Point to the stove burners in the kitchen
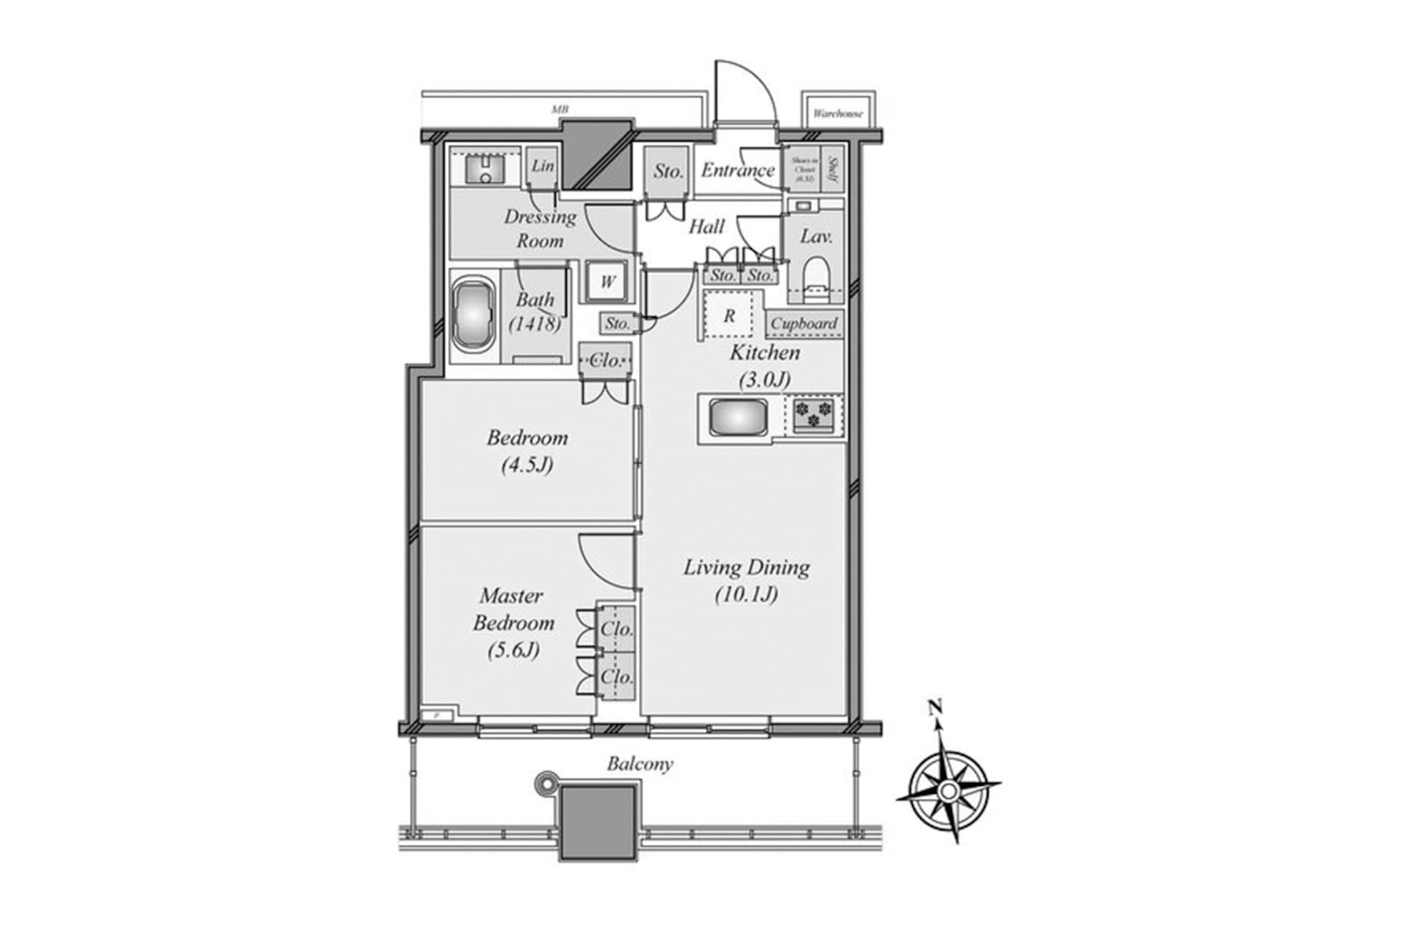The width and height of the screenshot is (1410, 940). click(x=814, y=414)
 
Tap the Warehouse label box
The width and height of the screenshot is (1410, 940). click(x=838, y=114)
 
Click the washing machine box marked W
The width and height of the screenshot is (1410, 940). click(x=607, y=282)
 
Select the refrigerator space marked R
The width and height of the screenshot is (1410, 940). click(x=729, y=316)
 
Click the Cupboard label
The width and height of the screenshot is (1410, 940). click(x=803, y=323)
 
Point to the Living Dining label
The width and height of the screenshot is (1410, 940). click(x=747, y=567)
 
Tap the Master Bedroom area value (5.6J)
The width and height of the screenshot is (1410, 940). click(x=513, y=650)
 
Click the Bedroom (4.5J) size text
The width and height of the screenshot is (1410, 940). click(x=527, y=465)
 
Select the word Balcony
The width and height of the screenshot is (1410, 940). click(x=640, y=764)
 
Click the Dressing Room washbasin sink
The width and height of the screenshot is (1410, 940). click(x=485, y=170)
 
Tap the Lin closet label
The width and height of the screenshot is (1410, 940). click(x=543, y=166)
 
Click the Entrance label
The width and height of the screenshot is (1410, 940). click(x=737, y=170)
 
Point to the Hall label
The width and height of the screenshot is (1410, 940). click(x=706, y=226)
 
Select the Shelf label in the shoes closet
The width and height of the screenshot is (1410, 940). click(x=834, y=170)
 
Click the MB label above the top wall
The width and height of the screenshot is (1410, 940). click(x=560, y=109)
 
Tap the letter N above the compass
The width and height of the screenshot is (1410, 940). click(x=935, y=707)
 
